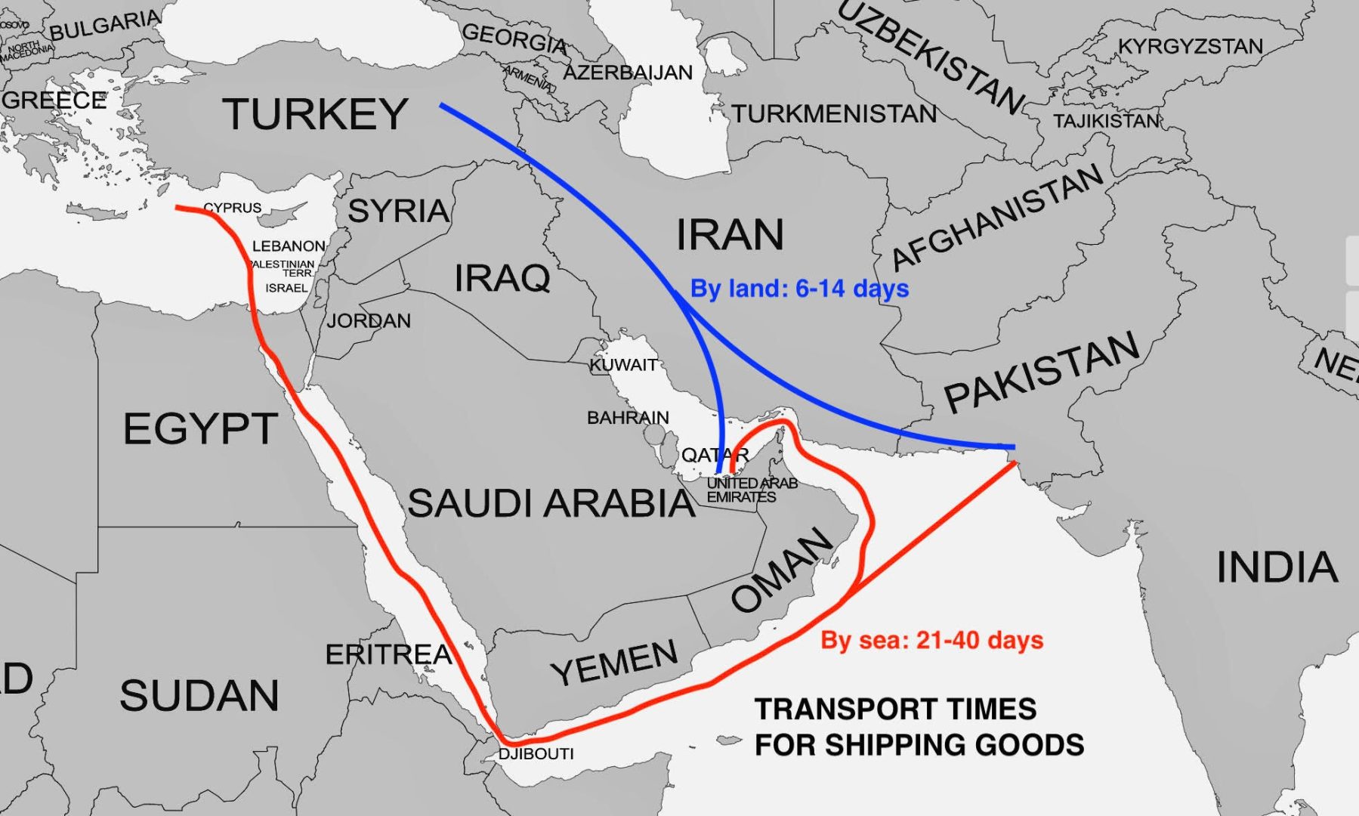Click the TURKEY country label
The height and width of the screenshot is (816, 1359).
(x=315, y=114)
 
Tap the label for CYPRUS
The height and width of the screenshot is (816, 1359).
(x=232, y=208)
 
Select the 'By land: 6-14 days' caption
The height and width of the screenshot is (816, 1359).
(x=799, y=289)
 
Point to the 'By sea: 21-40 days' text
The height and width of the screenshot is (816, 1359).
(x=931, y=641)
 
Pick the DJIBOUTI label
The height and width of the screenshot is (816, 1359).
(x=536, y=754)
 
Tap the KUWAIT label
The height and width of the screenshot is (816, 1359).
(x=623, y=365)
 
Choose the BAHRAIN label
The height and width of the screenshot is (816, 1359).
(x=628, y=418)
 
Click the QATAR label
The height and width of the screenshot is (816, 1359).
(x=715, y=455)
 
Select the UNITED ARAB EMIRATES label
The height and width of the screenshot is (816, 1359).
(x=751, y=490)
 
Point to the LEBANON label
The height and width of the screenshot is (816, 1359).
(x=289, y=246)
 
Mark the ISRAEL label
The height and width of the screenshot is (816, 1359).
(x=286, y=288)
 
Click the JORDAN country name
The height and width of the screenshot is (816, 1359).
(x=369, y=321)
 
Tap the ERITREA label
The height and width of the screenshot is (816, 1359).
(x=388, y=654)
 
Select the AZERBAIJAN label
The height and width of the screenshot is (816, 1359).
(x=628, y=73)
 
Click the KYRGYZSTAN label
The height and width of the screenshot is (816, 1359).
(x=1190, y=47)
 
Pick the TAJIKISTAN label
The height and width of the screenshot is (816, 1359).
(x=1106, y=121)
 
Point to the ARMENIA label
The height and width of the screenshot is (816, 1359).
(x=529, y=77)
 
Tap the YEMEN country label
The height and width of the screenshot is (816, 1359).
(x=613, y=662)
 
